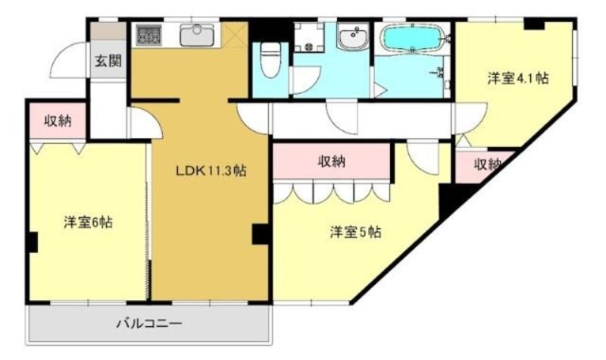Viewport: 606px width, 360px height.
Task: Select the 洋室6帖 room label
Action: (x=89, y=223)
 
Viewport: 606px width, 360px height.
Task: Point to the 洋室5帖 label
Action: (x=355, y=232)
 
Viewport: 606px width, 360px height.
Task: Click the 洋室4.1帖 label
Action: (x=518, y=79)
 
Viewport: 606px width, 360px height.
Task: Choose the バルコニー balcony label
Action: (x=148, y=324)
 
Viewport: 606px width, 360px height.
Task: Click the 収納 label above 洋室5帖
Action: (x=332, y=161)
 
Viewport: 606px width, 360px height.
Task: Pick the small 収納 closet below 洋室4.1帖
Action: (x=486, y=165)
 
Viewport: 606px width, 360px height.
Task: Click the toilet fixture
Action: (x=270, y=58)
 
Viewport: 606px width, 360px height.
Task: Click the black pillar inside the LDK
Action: (x=261, y=234)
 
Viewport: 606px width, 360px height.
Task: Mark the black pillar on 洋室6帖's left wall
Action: (x=32, y=243)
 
